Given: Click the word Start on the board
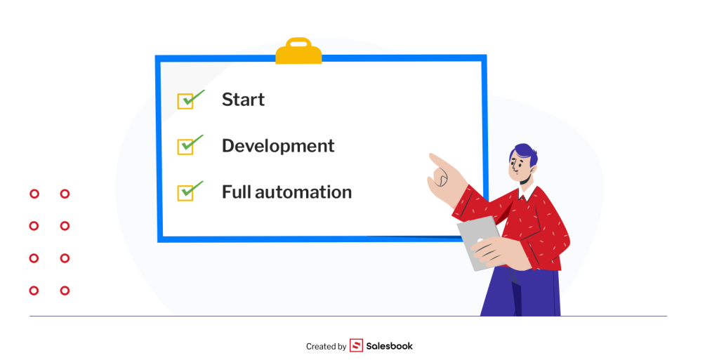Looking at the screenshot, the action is [243, 100].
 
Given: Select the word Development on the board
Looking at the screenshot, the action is [278, 146].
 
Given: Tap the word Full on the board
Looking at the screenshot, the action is [236, 192].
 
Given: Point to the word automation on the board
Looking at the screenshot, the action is [303, 192].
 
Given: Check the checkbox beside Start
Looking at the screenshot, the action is [185, 101].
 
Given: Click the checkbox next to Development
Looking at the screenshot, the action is [185, 147].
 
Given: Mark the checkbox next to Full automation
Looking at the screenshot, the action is [185, 192].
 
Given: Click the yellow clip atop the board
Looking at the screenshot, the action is [298, 51].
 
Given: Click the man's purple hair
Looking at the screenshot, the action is [525, 154].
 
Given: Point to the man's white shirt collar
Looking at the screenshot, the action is [527, 192].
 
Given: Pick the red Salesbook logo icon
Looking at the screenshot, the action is [356, 345].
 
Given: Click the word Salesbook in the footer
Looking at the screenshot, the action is [389, 346].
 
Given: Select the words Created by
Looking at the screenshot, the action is [326, 347].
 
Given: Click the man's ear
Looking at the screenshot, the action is [534, 169].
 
